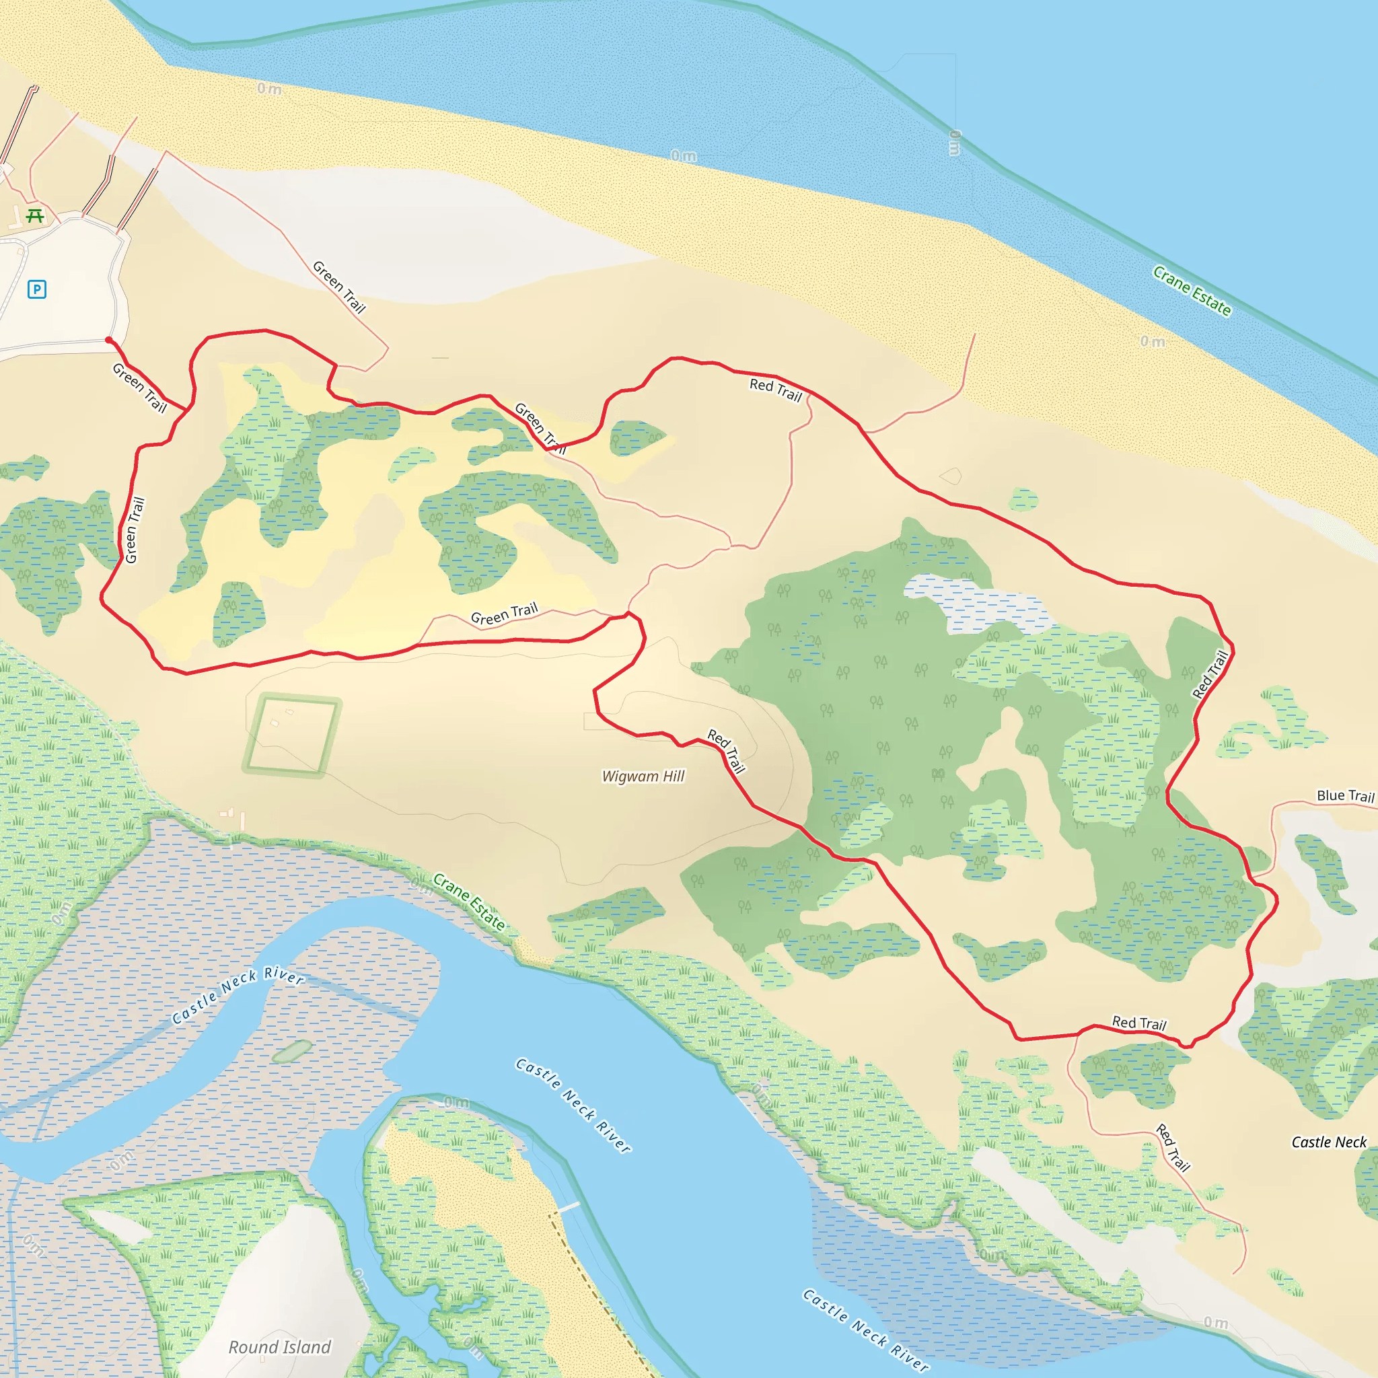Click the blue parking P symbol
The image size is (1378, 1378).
[37, 289]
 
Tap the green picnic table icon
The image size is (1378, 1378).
[34, 215]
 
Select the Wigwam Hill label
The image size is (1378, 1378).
[643, 776]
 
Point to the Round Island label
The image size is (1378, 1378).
[280, 1346]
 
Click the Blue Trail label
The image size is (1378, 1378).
[1344, 796]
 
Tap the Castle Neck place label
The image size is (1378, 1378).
[1329, 1142]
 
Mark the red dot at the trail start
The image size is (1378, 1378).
[109, 341]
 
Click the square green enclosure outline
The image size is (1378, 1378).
[292, 736]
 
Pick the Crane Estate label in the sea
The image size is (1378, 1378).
[1192, 291]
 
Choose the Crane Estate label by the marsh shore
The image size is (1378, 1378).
[468, 902]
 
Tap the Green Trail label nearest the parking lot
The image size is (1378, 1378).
[139, 388]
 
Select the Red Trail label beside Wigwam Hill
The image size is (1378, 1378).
[726, 751]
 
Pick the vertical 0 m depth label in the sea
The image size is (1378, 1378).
[954, 143]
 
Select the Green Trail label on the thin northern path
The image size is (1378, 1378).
[339, 287]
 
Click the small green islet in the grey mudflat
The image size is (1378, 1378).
[293, 1050]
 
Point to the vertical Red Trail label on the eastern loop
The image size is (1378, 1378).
[1210, 674]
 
